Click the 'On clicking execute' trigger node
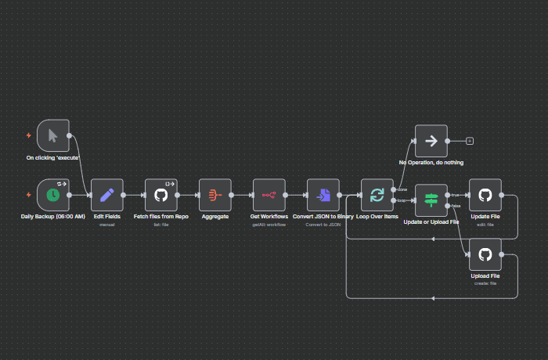pos(53,135)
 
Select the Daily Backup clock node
pos(53,195)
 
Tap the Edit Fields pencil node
pos(107,195)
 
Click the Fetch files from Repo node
pos(161,195)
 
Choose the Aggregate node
pos(215,195)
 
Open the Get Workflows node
pos(269,195)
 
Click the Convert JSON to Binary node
pos(323,195)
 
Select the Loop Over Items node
pos(377,195)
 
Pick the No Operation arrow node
pos(431,141)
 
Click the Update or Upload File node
pos(431,200)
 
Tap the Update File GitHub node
pos(485,195)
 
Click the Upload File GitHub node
pos(485,254)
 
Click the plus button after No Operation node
pos(470,141)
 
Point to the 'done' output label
pos(402,189)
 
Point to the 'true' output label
pos(455,195)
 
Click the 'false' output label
pos(456,205)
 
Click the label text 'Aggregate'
pos(215,216)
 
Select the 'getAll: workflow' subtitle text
pos(269,224)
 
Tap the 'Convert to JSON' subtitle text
pos(323,224)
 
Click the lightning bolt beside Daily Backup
pos(29,195)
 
